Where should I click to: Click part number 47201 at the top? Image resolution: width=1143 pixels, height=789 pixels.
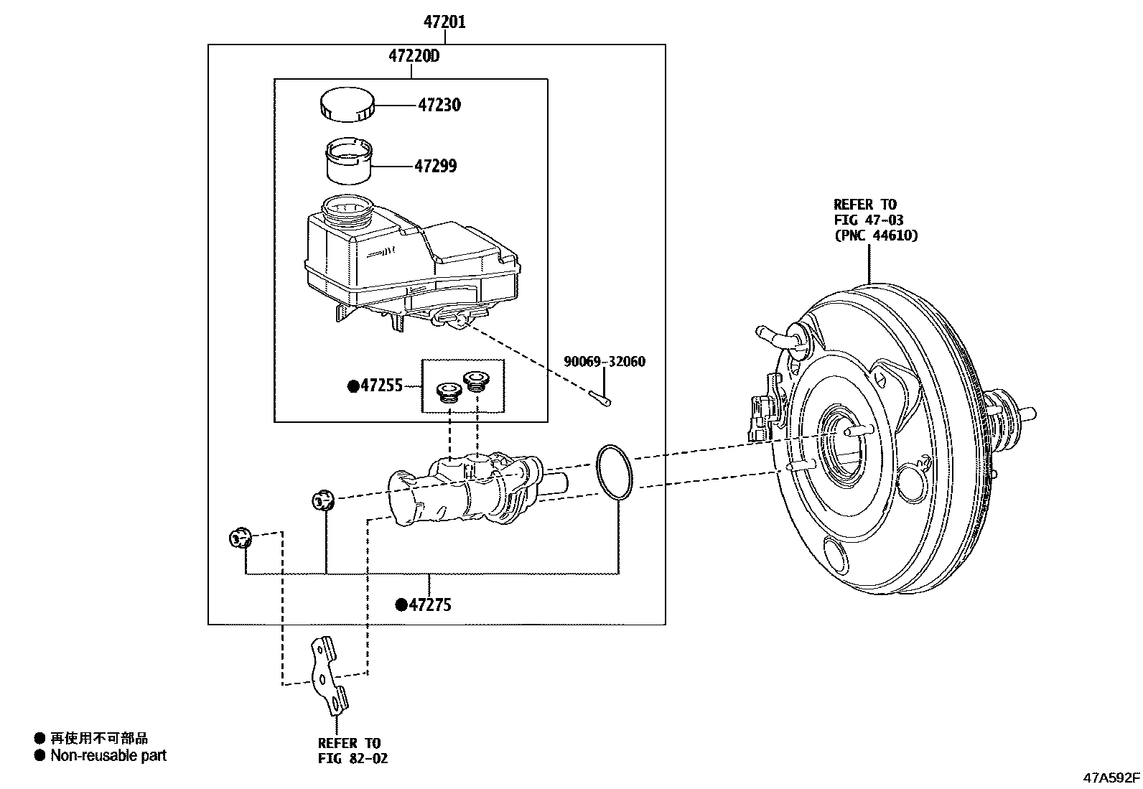tap(444, 22)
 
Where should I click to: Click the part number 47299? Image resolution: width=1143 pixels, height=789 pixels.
tap(436, 166)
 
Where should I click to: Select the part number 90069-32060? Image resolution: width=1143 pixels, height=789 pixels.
tap(604, 362)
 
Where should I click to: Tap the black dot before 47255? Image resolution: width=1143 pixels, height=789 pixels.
tap(353, 386)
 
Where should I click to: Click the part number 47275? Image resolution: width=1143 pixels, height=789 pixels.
tap(429, 605)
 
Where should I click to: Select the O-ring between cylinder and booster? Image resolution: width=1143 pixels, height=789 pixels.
tap(615, 471)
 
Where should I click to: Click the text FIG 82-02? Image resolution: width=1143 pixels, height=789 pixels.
tap(353, 758)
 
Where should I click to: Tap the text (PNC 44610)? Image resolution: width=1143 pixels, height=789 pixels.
tap(875, 235)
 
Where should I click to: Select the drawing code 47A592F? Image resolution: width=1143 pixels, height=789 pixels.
tap(1111, 778)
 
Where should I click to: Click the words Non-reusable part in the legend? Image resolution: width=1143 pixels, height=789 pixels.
tap(108, 755)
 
